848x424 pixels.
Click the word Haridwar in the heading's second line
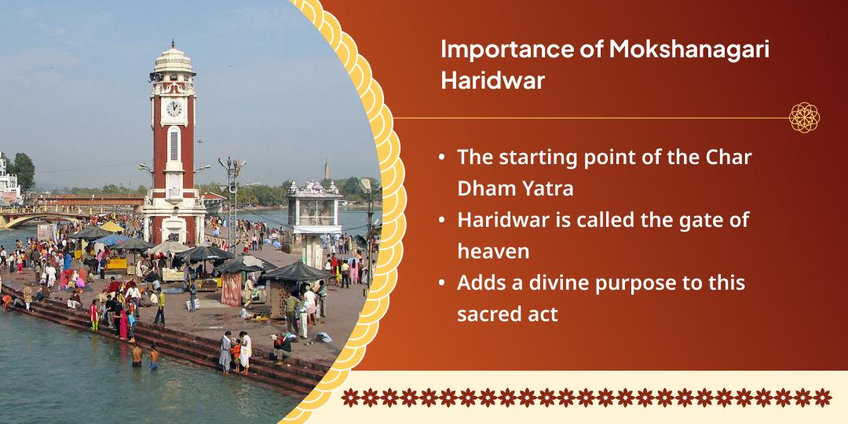[x=492, y=81]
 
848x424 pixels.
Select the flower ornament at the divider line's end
[x=804, y=118]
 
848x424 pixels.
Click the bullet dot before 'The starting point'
[x=444, y=157]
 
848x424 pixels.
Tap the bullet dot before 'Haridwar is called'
[x=444, y=220]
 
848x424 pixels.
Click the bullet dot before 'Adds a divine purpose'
[x=444, y=283]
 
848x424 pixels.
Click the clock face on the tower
[x=174, y=108]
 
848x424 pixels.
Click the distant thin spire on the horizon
[x=327, y=169]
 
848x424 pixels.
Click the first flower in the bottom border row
[x=350, y=397]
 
